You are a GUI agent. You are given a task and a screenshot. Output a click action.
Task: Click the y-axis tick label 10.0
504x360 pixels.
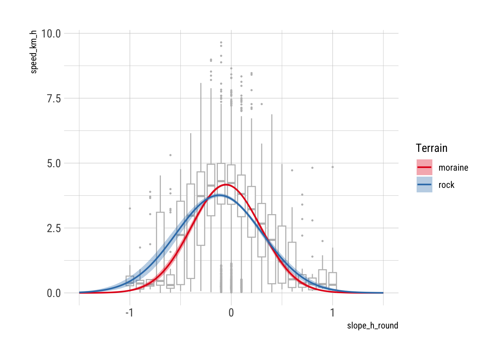click(51, 33)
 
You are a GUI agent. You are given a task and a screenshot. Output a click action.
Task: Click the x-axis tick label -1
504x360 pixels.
click(129, 313)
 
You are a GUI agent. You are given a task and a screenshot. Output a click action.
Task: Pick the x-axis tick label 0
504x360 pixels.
click(231, 313)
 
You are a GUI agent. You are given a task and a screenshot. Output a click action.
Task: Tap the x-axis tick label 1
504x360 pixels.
click(333, 313)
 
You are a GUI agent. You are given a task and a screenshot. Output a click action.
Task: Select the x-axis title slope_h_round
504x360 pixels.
click(372, 325)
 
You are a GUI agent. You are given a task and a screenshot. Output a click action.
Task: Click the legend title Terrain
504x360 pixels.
click(432, 148)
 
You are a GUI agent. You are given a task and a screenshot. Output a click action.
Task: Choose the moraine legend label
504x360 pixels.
click(453, 168)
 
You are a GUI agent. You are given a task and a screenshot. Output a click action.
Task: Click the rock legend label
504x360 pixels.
click(446, 185)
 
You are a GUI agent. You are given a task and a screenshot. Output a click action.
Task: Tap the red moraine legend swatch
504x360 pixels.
click(424, 167)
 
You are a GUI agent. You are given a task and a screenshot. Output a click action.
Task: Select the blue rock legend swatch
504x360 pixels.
click(424, 184)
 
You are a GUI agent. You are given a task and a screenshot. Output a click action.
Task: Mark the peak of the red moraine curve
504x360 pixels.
click(226, 184)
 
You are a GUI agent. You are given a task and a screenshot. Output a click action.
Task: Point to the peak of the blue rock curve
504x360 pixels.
click(219, 195)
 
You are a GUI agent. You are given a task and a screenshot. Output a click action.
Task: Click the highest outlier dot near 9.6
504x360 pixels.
click(221, 42)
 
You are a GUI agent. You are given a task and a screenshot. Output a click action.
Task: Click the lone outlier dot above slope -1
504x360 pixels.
click(130, 208)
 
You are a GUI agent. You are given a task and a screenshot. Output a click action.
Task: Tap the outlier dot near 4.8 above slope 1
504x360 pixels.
click(333, 167)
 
